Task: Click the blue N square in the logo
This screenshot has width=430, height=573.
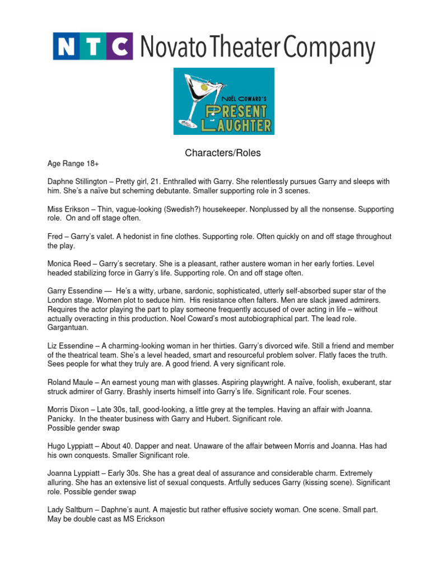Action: click(x=67, y=46)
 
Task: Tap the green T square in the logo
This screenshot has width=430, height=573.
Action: click(x=94, y=46)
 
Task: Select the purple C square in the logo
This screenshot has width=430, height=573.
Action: click(x=120, y=46)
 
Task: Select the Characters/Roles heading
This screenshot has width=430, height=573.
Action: click(x=215, y=153)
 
